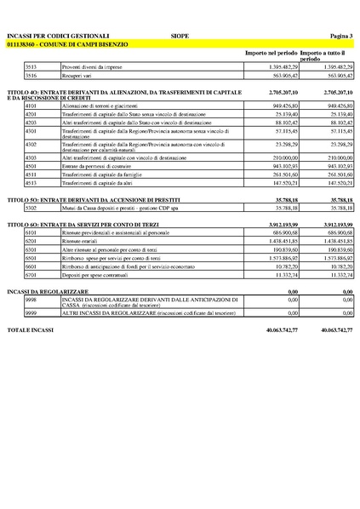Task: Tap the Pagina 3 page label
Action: click(x=338, y=36)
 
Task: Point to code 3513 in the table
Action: click(x=31, y=66)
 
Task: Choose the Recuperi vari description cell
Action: click(x=70, y=75)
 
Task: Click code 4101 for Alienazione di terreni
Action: click(x=31, y=105)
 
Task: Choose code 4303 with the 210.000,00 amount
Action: click(x=31, y=157)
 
